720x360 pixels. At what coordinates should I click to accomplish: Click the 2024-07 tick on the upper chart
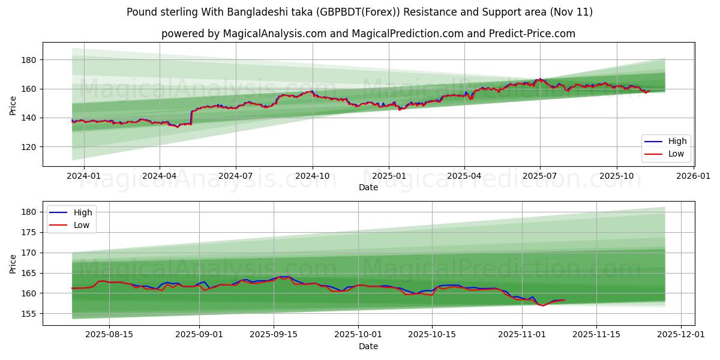(x=235, y=176)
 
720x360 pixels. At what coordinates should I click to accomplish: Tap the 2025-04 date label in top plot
(x=464, y=176)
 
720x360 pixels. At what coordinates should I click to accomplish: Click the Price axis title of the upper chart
(x=13, y=104)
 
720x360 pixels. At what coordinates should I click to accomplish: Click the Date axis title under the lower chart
(x=368, y=346)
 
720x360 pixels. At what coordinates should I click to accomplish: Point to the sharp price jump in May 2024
(x=191, y=117)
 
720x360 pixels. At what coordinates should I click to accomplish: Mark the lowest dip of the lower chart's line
(x=544, y=305)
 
